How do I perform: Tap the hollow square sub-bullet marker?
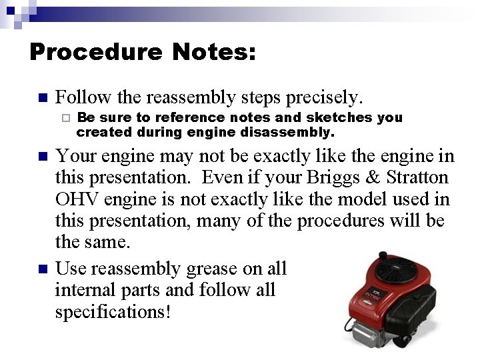pyautogui.click(x=65, y=119)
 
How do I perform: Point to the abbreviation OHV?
pyautogui.click(x=77, y=199)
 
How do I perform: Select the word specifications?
pyautogui.click(x=113, y=311)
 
